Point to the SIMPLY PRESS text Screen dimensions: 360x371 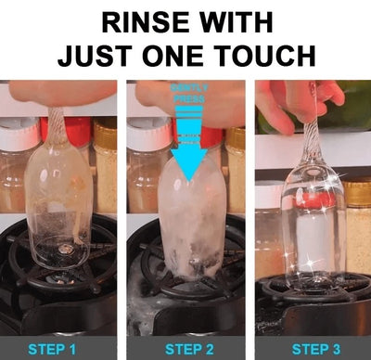tap(190, 91)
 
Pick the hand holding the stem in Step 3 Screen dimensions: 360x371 tap(292, 97)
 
